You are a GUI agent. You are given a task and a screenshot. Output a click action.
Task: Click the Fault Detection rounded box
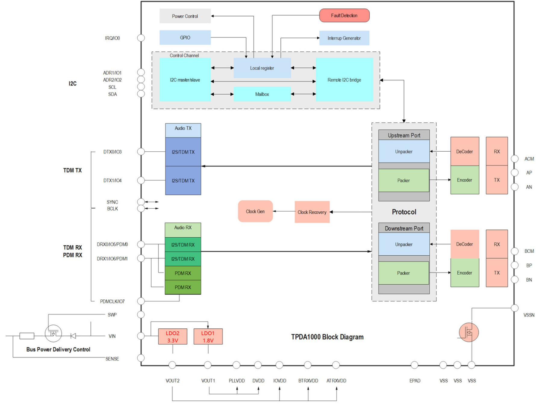coord(344,15)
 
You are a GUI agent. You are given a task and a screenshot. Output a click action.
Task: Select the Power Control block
coord(185,16)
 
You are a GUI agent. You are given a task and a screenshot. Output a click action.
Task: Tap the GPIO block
coord(185,38)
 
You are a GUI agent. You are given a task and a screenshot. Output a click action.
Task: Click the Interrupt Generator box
coord(344,38)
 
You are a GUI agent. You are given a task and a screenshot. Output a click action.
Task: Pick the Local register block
coord(262,68)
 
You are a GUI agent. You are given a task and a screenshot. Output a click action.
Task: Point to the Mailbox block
coord(262,94)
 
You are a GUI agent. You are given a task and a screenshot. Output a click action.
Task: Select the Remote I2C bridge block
coord(344,80)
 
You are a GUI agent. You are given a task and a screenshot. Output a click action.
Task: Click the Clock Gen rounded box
coord(255,211)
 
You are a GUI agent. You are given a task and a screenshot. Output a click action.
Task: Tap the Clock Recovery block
coord(312,212)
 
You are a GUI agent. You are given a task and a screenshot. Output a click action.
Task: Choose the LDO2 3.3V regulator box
coord(173,336)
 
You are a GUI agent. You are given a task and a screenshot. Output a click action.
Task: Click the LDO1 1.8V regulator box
coord(208,336)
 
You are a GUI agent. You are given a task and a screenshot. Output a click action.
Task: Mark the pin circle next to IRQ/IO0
coord(141,38)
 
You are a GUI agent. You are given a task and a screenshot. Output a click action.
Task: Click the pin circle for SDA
coord(141,94)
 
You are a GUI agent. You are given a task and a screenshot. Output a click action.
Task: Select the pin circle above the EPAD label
coord(414,365)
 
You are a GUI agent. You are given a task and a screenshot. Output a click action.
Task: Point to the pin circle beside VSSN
coord(515,308)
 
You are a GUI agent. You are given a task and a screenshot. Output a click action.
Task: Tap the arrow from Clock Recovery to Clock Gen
coord(284,211)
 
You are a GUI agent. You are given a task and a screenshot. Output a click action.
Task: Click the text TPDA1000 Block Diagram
coord(327,337)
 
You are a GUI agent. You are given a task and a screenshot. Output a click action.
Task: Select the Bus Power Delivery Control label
coord(58,349)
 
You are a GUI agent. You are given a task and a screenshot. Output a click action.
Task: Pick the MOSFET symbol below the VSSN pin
coord(469,332)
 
